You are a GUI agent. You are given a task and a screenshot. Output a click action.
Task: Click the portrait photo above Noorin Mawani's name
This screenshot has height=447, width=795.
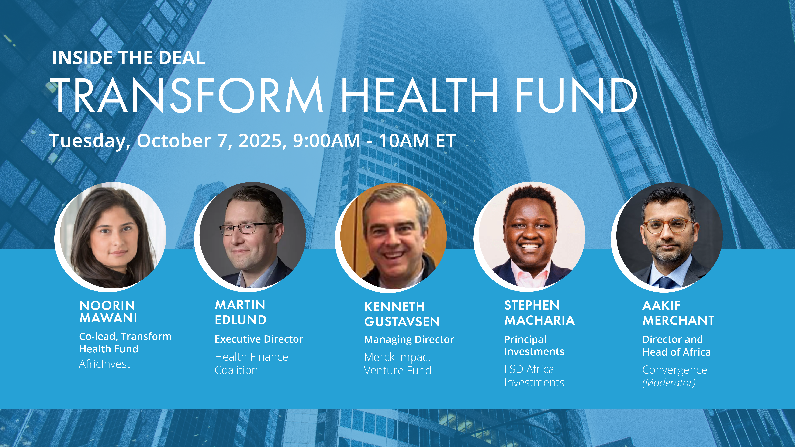[x=111, y=237]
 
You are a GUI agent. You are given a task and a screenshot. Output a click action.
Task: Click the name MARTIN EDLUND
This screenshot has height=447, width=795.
[x=240, y=312]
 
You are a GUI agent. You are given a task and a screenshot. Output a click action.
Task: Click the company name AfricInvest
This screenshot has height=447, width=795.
[x=105, y=364]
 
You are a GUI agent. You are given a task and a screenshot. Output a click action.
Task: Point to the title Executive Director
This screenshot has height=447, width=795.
[x=259, y=339]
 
